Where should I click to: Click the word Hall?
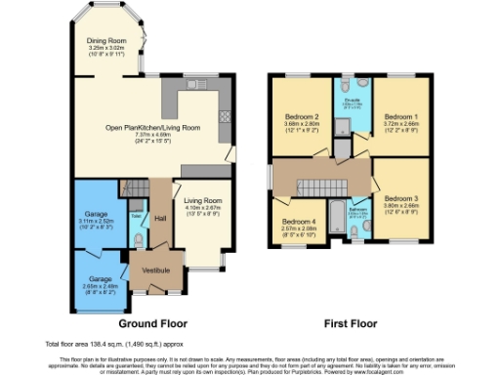(x=159, y=218)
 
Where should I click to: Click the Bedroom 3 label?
(x=400, y=193)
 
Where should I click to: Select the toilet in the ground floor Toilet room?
(x=139, y=240)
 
